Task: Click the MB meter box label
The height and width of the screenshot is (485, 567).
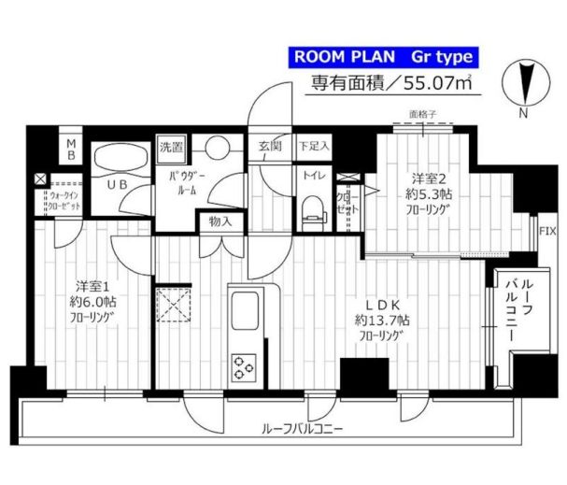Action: click(71, 150)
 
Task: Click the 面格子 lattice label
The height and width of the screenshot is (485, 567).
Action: click(422, 116)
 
